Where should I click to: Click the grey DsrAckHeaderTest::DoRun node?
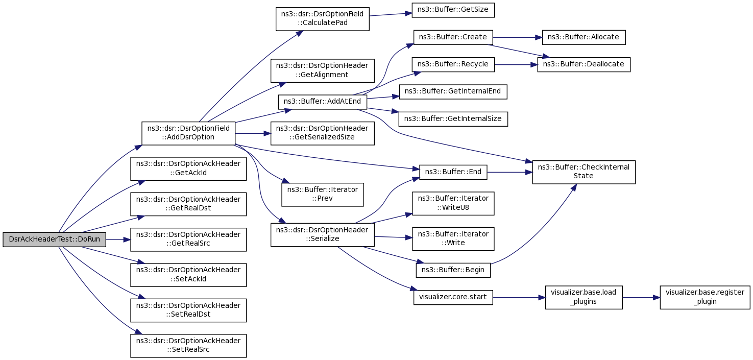pyautogui.click(x=55, y=239)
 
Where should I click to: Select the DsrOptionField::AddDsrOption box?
pyautogui.click(x=188, y=133)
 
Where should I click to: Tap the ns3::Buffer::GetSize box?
pyautogui.click(x=453, y=10)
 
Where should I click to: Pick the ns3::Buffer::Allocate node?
pyautogui.click(x=584, y=37)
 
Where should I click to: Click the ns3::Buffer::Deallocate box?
pyautogui.click(x=584, y=64)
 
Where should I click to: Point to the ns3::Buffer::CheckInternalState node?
pyautogui.click(x=584, y=172)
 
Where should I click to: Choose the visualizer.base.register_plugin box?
pyautogui.click(x=705, y=298)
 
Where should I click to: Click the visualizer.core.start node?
pyautogui.click(x=453, y=298)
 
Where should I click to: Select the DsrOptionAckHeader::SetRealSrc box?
pyautogui.click(x=188, y=346)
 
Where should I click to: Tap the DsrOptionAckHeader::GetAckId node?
pyautogui.click(x=188, y=169)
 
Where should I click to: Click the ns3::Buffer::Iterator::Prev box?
pyautogui.click(x=322, y=195)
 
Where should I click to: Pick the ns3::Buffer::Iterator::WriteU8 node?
pyautogui.click(x=453, y=204)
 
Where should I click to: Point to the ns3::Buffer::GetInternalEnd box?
pyautogui.click(x=453, y=92)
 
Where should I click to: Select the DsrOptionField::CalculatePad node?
pyautogui.click(x=322, y=19)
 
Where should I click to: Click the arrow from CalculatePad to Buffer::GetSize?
pyautogui.click(x=391, y=14)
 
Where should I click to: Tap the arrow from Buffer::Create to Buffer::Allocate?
pyautogui.click(x=518, y=37)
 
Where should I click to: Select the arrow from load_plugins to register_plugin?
pyautogui.click(x=641, y=298)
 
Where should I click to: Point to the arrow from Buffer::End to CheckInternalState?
pyautogui.click(x=509, y=172)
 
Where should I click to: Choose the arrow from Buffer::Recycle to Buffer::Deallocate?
pyautogui.click(x=516, y=64)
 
